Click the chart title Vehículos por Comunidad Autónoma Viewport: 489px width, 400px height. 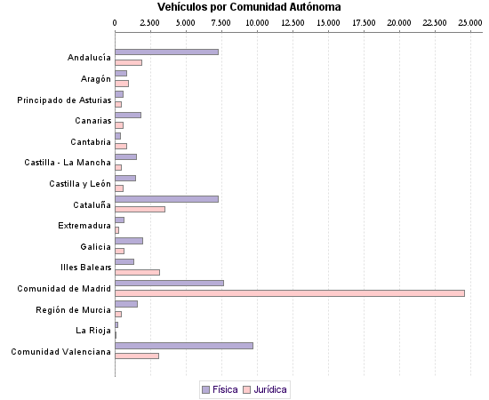[243, 7]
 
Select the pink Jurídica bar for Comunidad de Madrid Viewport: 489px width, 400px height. [290, 293]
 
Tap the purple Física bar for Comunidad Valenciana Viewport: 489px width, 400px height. [184, 345]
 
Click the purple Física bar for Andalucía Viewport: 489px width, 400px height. [166, 52]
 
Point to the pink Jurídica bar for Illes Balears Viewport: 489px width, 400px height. [137, 272]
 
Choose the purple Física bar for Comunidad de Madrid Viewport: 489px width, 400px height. [169, 283]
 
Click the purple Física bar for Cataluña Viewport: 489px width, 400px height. [166, 198]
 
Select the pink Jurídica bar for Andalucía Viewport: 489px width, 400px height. [128, 62]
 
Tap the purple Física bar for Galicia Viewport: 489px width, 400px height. [129, 241]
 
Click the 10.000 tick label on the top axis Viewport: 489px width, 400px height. [257, 20]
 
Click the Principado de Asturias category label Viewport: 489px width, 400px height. [64, 100]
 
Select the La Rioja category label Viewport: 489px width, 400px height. [93, 331]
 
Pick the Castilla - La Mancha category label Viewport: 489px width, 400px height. [68, 163]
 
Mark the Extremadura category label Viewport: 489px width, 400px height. [84, 226]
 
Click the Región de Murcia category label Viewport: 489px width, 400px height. [73, 309]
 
